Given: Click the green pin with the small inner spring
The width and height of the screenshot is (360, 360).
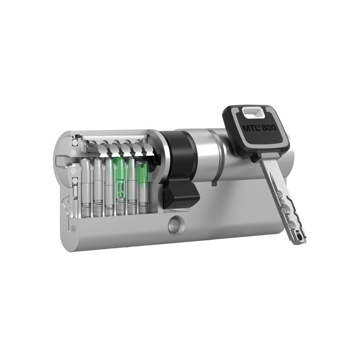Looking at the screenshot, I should click(x=120, y=178).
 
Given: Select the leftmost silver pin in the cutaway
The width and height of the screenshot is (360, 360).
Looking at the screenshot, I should click(x=86, y=180).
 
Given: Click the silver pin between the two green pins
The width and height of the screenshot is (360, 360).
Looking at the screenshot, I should click(x=132, y=180).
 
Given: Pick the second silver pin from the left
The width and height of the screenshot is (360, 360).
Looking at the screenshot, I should click(x=98, y=180).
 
